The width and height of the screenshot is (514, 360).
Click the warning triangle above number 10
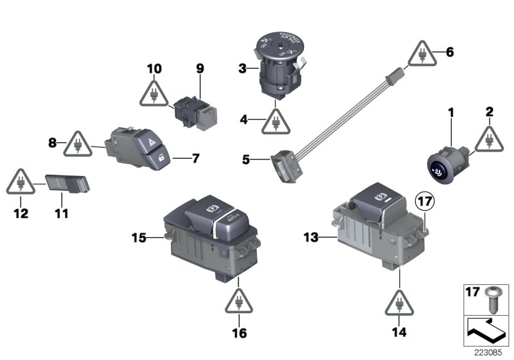[x=154, y=94]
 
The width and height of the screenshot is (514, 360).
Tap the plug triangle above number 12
[x=22, y=182]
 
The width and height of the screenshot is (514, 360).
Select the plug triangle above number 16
[x=239, y=300]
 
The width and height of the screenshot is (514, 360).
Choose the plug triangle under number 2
[x=490, y=138]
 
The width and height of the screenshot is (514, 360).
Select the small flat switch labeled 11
[x=67, y=184]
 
